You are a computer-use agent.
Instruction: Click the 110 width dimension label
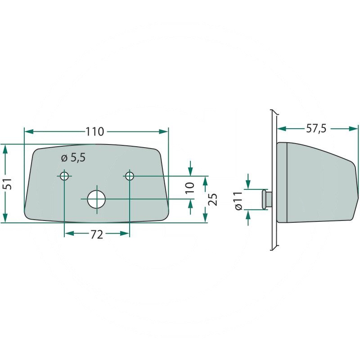click(95, 131)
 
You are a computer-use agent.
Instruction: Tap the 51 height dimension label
click(9, 184)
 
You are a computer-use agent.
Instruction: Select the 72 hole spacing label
click(97, 234)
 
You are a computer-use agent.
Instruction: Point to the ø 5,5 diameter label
click(73, 158)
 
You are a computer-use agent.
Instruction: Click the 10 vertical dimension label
click(190, 188)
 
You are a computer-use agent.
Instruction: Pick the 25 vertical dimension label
click(212, 199)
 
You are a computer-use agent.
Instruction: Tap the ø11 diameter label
click(238, 200)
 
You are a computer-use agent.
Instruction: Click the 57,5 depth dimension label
click(316, 129)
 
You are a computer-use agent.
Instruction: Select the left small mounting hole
click(64, 176)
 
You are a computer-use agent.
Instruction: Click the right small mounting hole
click(130, 176)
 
